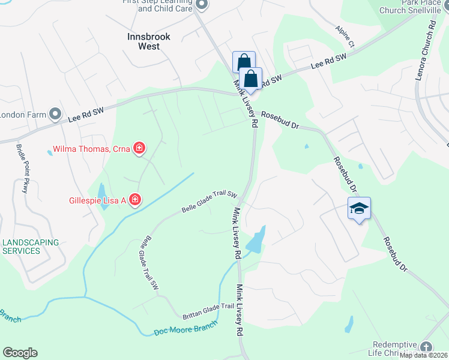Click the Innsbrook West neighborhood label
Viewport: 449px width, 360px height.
pyautogui.click(x=149, y=41)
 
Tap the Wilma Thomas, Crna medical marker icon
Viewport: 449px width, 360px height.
pyautogui.click(x=139, y=148)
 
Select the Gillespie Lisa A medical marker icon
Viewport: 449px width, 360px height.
pyautogui.click(x=135, y=199)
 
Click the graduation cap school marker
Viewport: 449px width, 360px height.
pyautogui.click(x=359, y=209)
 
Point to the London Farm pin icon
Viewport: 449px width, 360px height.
pyautogui.click(x=56, y=113)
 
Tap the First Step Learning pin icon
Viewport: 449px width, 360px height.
pyautogui.click(x=202, y=5)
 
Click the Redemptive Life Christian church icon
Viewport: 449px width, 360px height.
pyautogui.click(x=426, y=347)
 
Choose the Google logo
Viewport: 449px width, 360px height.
pyautogui.click(x=20, y=353)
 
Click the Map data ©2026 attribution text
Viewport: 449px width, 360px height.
pyautogui.click(x=423, y=355)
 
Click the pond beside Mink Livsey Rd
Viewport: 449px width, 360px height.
pyautogui.click(x=256, y=239)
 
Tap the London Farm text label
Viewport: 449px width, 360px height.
pyautogui.click(x=24, y=114)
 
